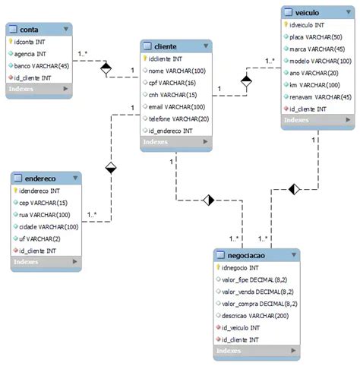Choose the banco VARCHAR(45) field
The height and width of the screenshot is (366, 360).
[41, 65]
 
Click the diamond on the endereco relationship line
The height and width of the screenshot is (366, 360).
[111, 167]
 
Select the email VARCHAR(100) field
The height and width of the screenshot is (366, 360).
[175, 106]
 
